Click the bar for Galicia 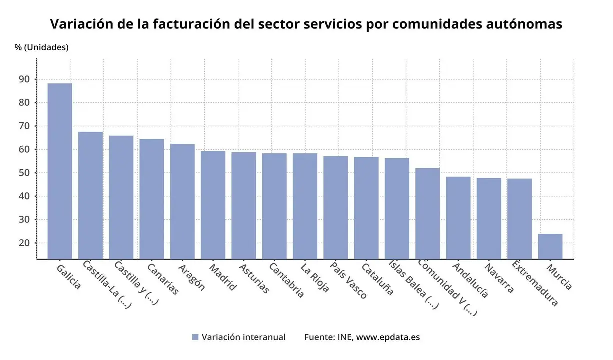click(x=60, y=171)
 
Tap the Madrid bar click(x=213, y=205)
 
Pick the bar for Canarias click(x=152, y=199)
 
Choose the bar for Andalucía click(x=458, y=218)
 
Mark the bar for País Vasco click(x=335, y=207)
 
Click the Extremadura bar click(x=519, y=219)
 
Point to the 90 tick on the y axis click(x=25, y=79)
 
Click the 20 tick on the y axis click(x=25, y=243)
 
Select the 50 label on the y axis click(x=25, y=173)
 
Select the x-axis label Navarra click(x=499, y=278)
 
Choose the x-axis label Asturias click(x=254, y=279)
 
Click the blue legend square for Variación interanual click(x=195, y=337)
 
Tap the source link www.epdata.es click(x=388, y=337)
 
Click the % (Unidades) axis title click(x=42, y=47)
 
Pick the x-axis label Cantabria click(x=286, y=280)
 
